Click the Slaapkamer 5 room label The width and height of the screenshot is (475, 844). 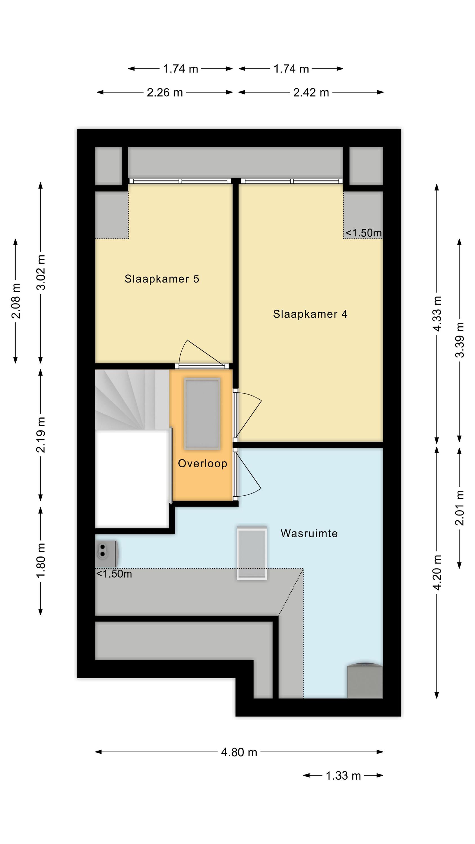pyautogui.click(x=162, y=279)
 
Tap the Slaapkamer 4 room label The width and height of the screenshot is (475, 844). pyautogui.click(x=310, y=314)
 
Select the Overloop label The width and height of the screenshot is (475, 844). pyautogui.click(x=202, y=464)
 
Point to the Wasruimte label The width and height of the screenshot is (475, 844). pyautogui.click(x=309, y=533)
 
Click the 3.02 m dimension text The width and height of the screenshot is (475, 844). pyautogui.click(x=41, y=272)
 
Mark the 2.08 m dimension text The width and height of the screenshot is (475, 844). pyautogui.click(x=16, y=301)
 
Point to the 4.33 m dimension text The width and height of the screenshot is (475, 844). pyautogui.click(x=437, y=314)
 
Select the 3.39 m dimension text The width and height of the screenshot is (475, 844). pyautogui.click(x=460, y=340)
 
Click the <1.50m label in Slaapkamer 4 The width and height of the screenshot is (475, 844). pyautogui.click(x=364, y=233)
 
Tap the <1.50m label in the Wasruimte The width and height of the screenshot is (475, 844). pyautogui.click(x=114, y=574)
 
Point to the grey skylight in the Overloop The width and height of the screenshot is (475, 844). pyautogui.click(x=202, y=414)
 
